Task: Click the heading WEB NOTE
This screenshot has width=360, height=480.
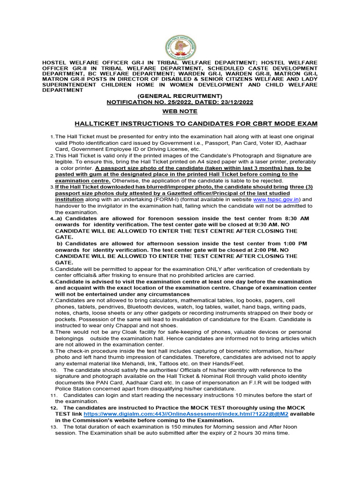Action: click(180, 112)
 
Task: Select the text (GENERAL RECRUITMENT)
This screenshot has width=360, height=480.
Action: click(180, 96)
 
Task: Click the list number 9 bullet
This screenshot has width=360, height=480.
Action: click(52, 351)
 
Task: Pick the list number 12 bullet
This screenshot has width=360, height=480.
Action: click(53, 408)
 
